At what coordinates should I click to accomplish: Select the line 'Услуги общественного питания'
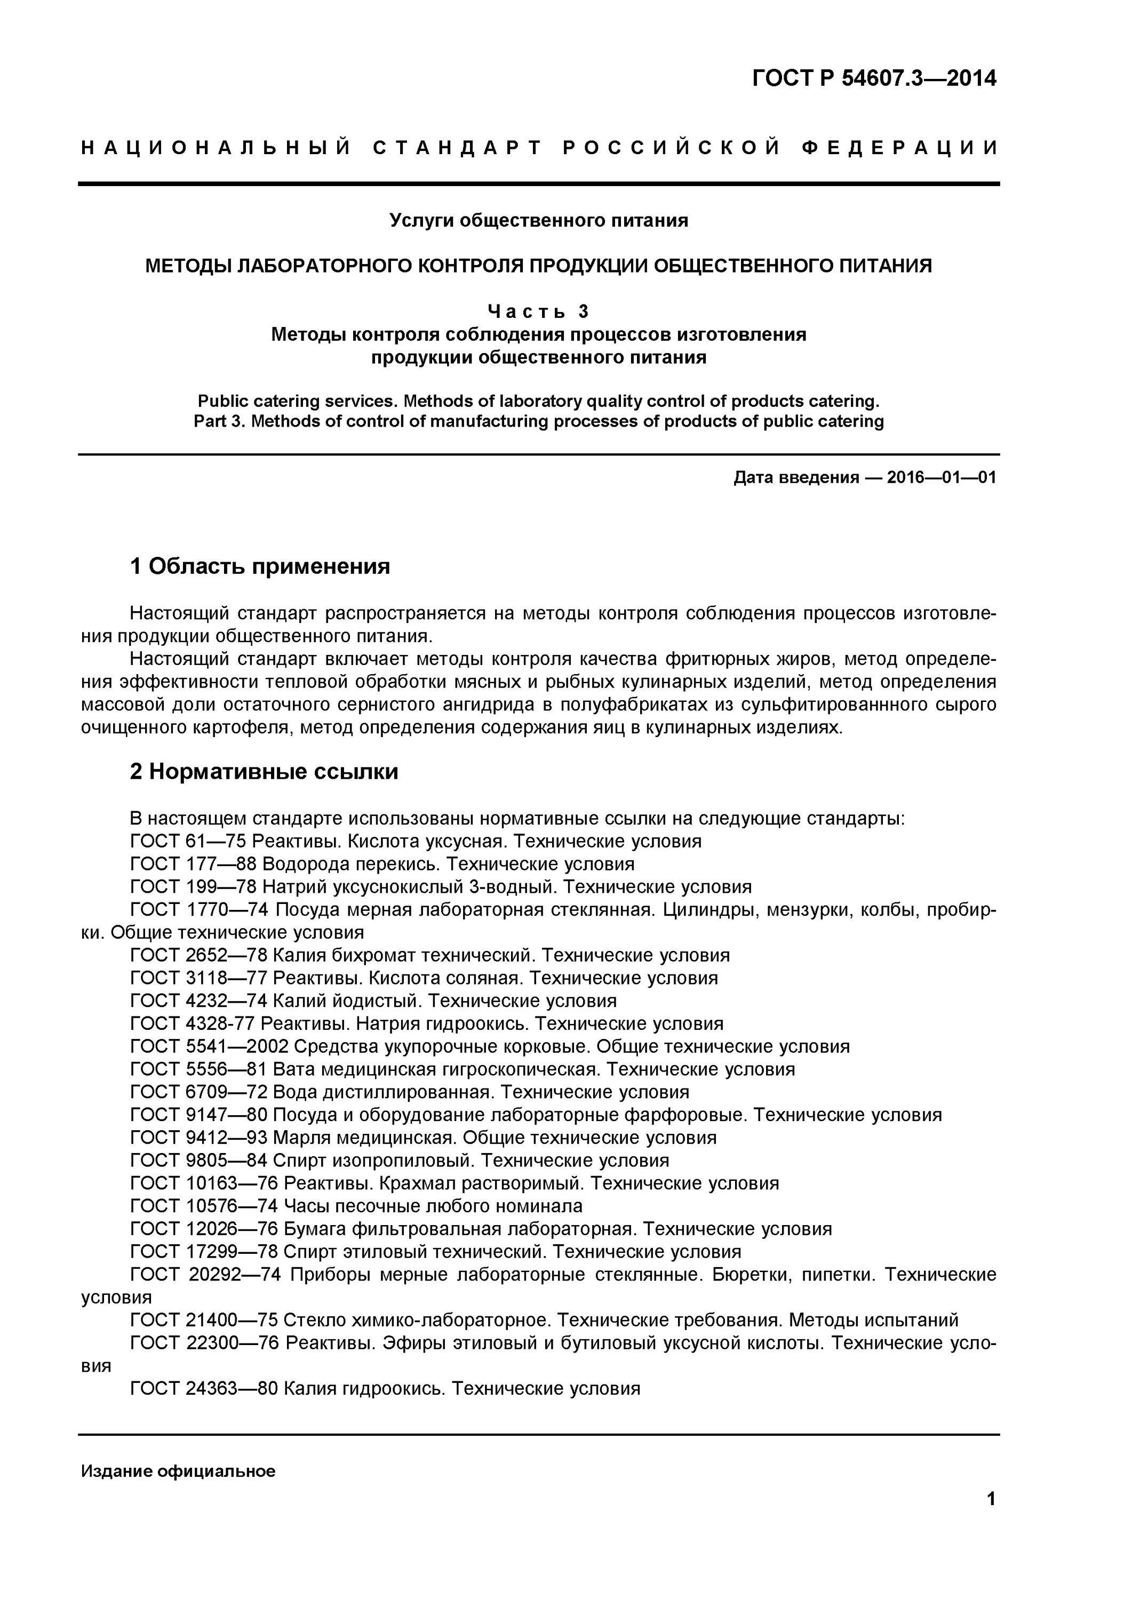click(x=538, y=221)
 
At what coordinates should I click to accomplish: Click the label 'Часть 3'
click(x=538, y=311)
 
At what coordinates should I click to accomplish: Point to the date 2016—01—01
click(x=942, y=477)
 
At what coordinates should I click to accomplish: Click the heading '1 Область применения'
click(x=260, y=566)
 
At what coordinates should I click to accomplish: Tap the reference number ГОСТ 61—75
click(x=188, y=842)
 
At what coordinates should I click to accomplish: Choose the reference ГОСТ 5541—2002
click(x=209, y=1047)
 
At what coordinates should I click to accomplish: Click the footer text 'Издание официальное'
click(x=179, y=1471)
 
